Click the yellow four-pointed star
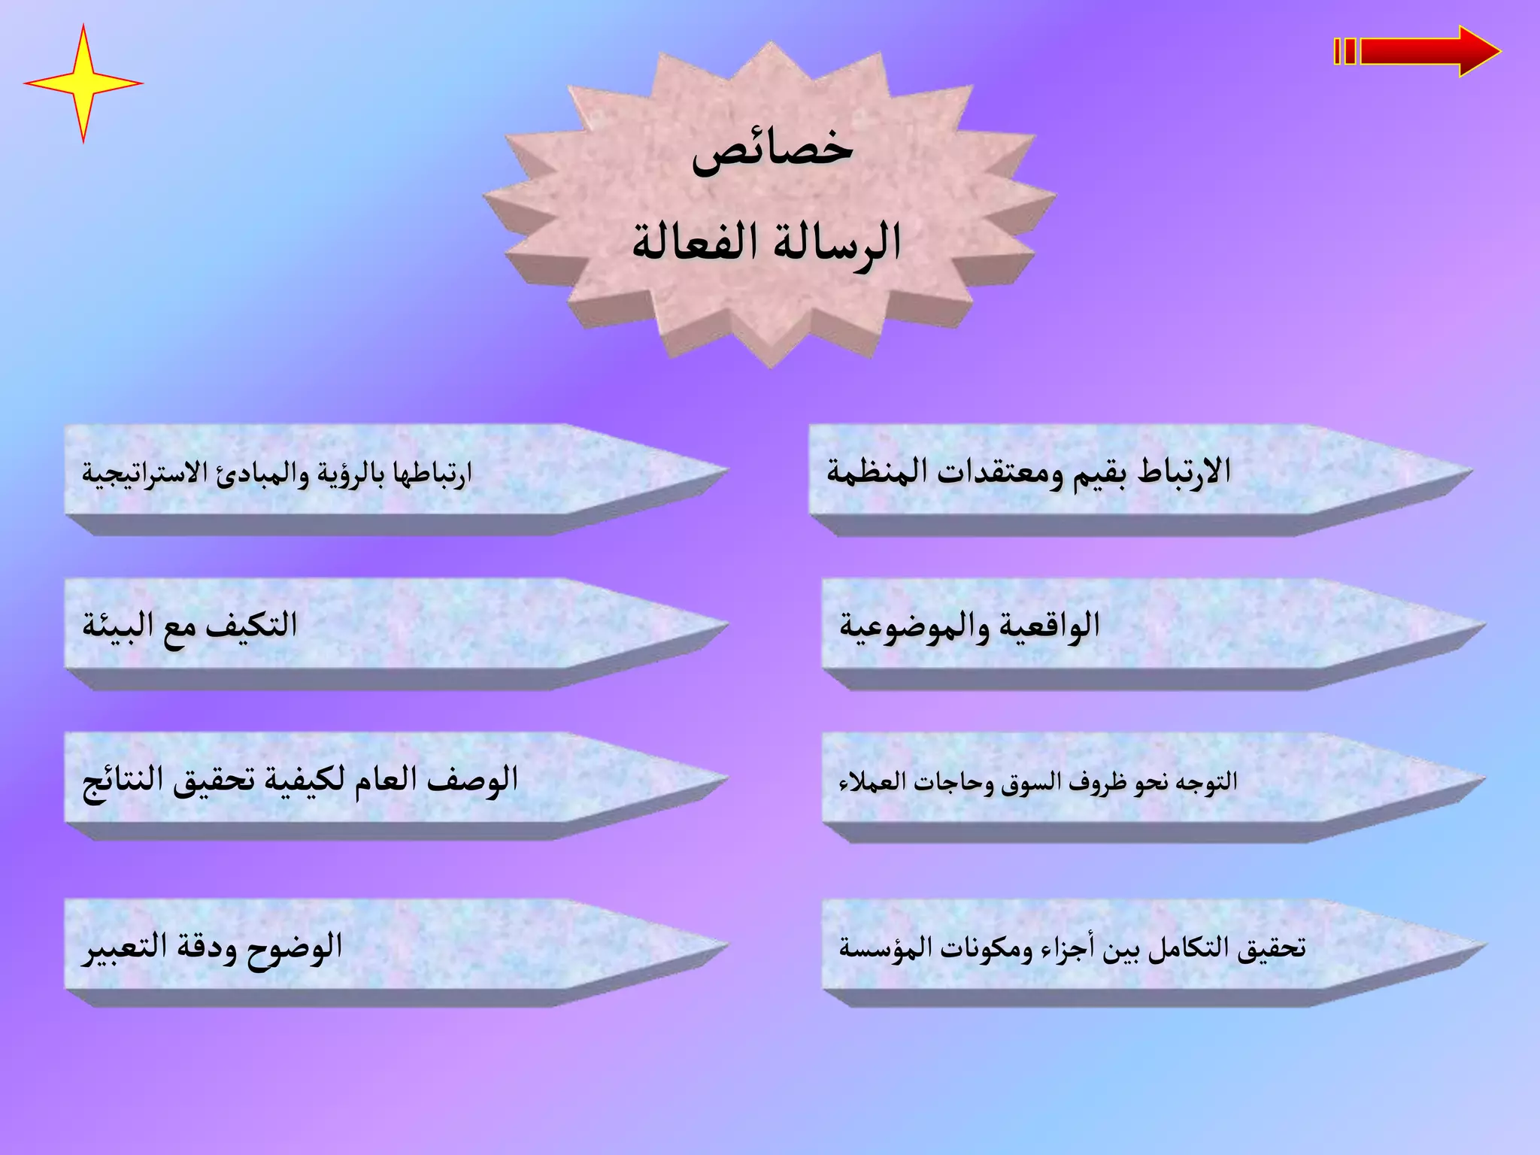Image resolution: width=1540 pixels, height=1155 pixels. [x=83, y=83]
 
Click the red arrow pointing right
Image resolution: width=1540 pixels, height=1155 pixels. [x=1421, y=51]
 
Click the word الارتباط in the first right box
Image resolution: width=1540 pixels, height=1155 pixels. [x=1184, y=472]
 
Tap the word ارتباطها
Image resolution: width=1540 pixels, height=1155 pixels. [x=432, y=474]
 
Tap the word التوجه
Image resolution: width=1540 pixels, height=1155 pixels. [x=1206, y=782]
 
